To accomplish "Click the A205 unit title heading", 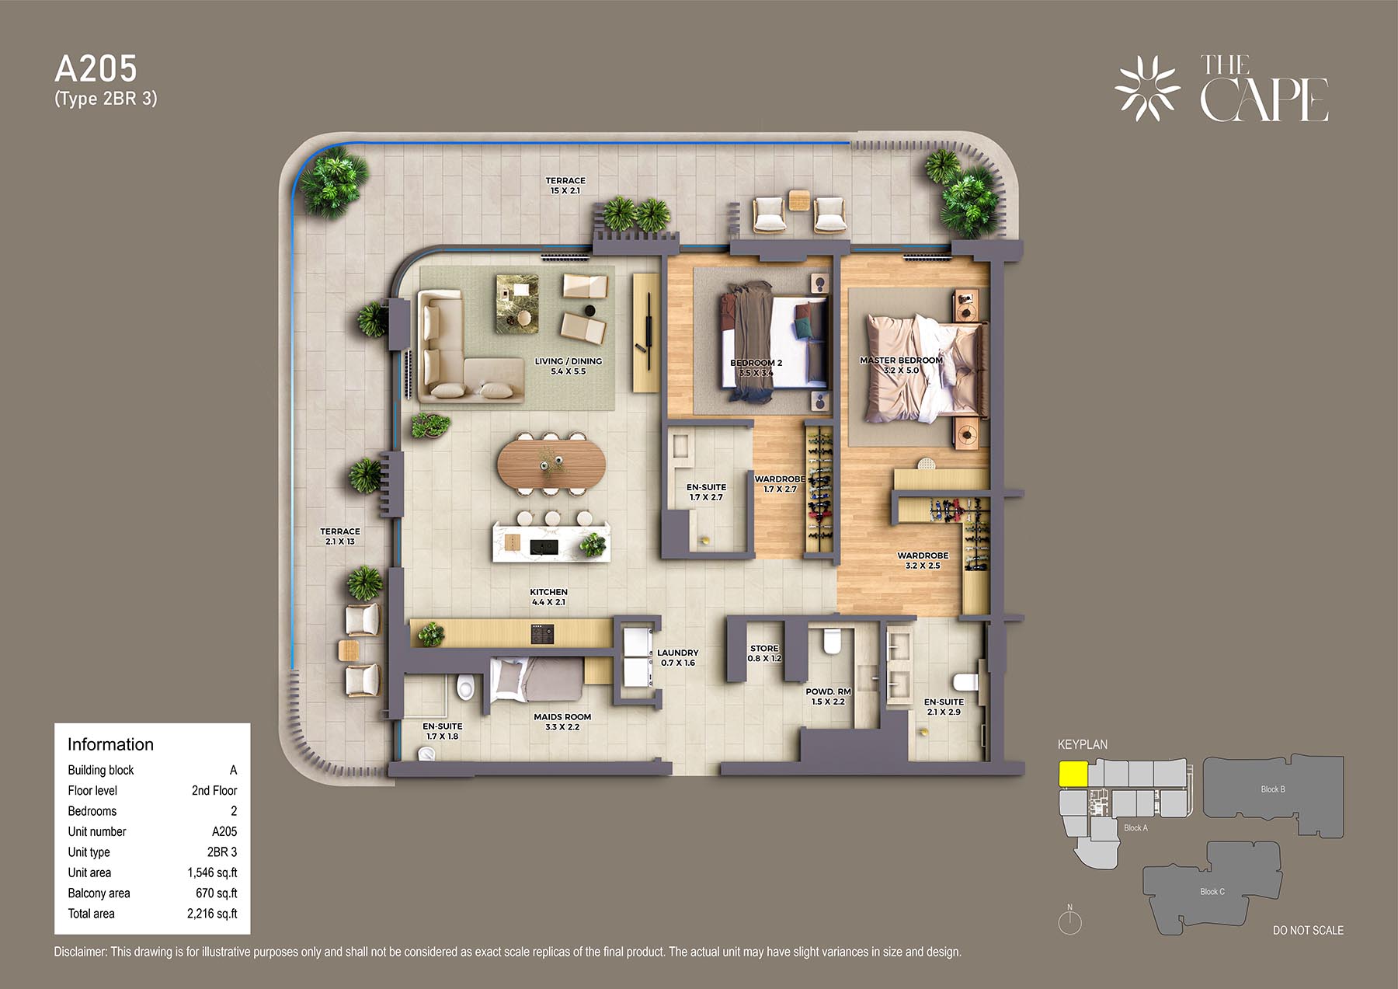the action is coord(96,69).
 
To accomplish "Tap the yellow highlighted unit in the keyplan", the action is coord(1073,775).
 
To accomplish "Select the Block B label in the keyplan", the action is coord(1273,789).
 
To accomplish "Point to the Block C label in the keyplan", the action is coord(1212,891).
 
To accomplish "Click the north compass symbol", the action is coord(1069,921).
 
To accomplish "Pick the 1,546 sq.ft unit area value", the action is coord(212,872).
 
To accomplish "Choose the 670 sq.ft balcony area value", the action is coord(217,893).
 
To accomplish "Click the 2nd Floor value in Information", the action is coord(214,790).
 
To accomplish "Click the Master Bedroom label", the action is coord(901,360).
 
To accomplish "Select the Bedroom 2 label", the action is coord(756,363).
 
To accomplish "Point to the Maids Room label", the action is coord(562,717).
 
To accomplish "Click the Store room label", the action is coord(764,648).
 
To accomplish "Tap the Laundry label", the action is coord(677,653).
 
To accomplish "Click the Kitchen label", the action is coord(548,592).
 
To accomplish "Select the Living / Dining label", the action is coord(568,361).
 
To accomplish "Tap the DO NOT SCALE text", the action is coord(1308,930).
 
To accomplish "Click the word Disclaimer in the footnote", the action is coord(80,952).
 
